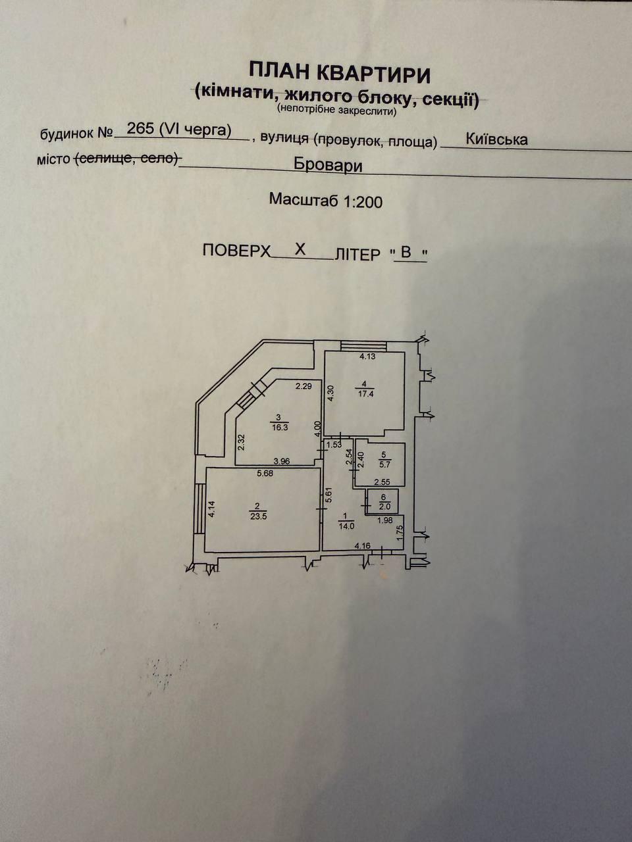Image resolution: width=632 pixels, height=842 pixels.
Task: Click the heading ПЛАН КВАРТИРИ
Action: [340, 73]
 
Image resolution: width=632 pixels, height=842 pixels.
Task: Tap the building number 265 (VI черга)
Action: [179, 130]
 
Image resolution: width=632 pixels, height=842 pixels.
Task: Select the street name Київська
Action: [496, 139]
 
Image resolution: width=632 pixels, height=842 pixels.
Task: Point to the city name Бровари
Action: [328, 165]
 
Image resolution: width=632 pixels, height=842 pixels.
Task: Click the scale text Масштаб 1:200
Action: [326, 200]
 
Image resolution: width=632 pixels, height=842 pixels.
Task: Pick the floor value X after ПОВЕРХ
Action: [300, 250]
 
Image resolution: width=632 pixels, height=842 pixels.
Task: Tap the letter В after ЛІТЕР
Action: [406, 253]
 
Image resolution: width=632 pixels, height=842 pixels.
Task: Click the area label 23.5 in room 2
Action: [258, 516]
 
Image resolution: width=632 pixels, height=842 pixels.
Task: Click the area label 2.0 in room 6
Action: [384, 507]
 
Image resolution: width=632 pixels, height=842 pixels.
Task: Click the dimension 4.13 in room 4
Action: [367, 357]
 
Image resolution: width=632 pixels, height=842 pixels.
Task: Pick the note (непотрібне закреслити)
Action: [337, 111]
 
